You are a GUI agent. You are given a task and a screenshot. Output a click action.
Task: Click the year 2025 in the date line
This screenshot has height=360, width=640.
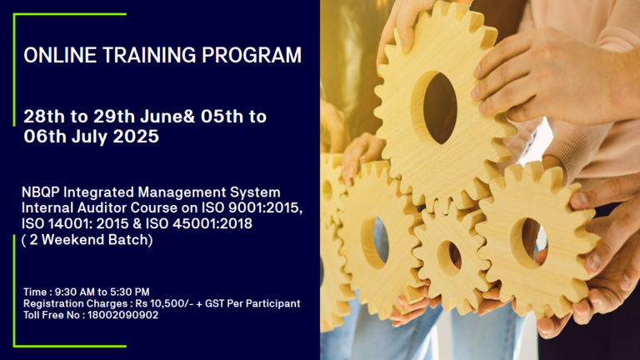(x=136, y=137)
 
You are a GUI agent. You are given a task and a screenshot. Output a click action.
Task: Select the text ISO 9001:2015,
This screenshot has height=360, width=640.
(x=252, y=207)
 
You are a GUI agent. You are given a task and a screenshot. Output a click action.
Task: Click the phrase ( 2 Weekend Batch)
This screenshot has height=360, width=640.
(x=87, y=240)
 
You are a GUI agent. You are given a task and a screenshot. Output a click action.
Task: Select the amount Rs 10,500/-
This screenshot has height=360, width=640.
(x=164, y=303)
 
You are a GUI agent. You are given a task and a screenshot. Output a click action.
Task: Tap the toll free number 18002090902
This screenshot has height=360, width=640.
(x=122, y=315)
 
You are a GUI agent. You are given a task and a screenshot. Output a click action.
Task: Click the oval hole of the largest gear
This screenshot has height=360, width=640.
(x=439, y=108)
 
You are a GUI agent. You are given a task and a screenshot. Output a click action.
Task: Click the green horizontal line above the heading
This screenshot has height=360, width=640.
(x=70, y=14)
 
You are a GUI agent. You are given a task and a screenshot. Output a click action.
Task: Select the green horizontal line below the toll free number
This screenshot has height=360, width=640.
(x=70, y=346)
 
